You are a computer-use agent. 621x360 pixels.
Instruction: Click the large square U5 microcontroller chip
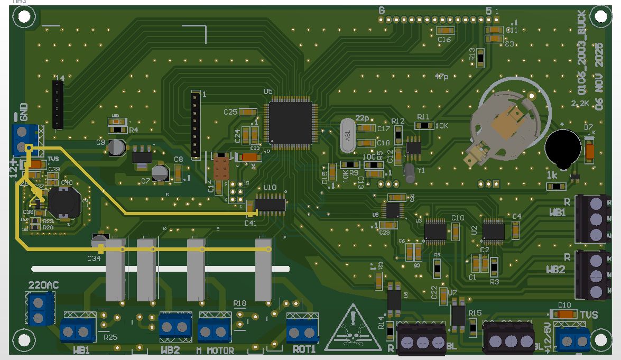click(x=291, y=122)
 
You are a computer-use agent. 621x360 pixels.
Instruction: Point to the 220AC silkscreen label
click(x=43, y=285)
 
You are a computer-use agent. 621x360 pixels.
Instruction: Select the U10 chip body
click(x=271, y=204)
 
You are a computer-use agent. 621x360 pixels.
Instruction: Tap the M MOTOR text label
click(x=215, y=350)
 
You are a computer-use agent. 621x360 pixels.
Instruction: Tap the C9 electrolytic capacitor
click(x=116, y=147)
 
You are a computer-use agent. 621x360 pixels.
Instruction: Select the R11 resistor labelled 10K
click(x=424, y=126)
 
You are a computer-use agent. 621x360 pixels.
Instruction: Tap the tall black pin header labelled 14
click(x=58, y=105)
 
